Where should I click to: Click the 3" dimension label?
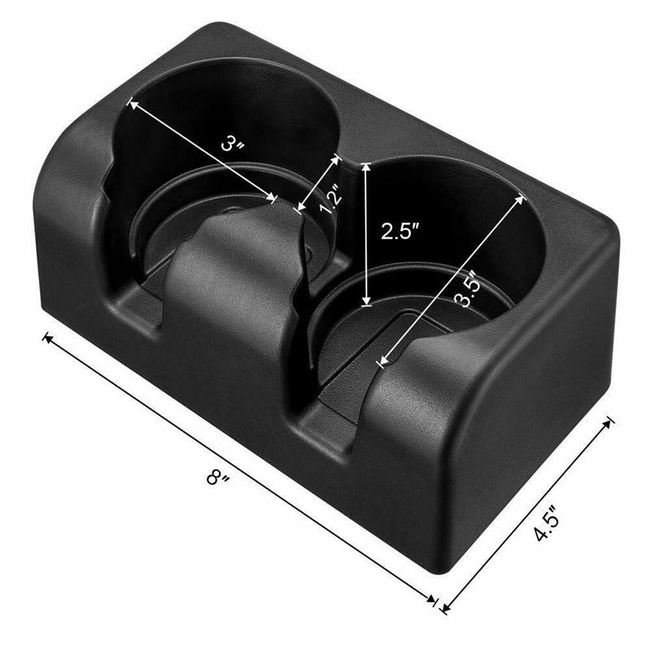click(233, 144)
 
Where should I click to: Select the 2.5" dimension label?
click(400, 230)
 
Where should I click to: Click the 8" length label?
click(217, 476)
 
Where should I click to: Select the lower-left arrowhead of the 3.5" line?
click(381, 361)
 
